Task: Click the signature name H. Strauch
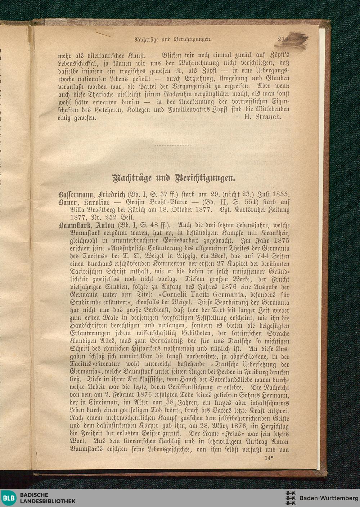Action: coord(262,117)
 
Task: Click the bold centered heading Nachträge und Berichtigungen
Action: coord(174,178)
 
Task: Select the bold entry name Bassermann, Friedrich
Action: coord(91,194)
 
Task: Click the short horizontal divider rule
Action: coord(174,145)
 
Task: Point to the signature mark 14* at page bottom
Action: coord(269,458)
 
